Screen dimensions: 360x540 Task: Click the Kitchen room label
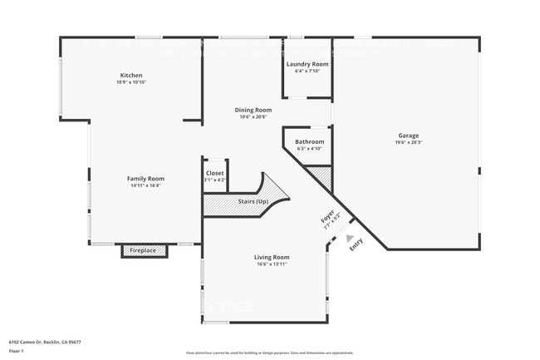[131, 75]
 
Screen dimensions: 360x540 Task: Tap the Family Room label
[145, 178]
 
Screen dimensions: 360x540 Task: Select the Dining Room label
[253, 110]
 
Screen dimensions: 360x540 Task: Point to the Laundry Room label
[307, 64]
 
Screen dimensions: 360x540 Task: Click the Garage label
[408, 136]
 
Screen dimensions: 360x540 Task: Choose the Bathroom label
[309, 141]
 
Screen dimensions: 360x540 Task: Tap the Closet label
[214, 173]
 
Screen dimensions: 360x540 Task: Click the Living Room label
[272, 257]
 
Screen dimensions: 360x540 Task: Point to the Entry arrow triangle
[349, 238]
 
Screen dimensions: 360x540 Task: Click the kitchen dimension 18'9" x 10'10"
[131, 82]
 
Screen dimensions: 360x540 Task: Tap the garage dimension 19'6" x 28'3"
[408, 142]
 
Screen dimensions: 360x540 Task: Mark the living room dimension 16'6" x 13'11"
[272, 264]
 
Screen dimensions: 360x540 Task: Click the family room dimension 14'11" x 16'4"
[145, 185]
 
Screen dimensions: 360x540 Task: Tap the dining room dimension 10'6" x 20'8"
[253, 117]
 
